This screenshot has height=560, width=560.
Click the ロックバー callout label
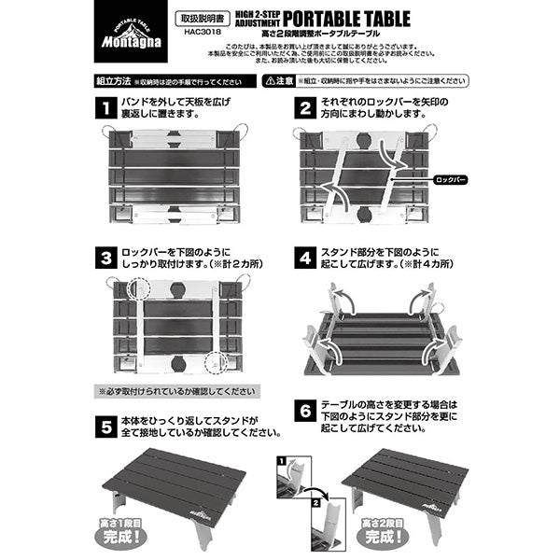coord(451,175)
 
